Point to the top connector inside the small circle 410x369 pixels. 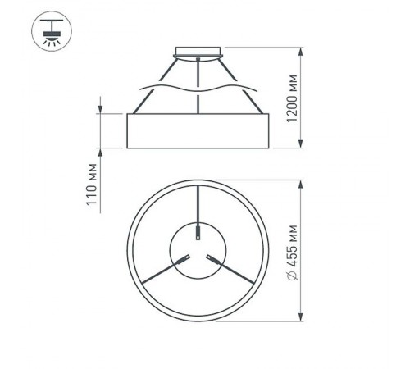pyautogui.click(x=198, y=233)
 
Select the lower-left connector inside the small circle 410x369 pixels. pyautogui.click(x=183, y=260)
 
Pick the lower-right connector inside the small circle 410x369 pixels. pyautogui.click(x=214, y=260)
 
